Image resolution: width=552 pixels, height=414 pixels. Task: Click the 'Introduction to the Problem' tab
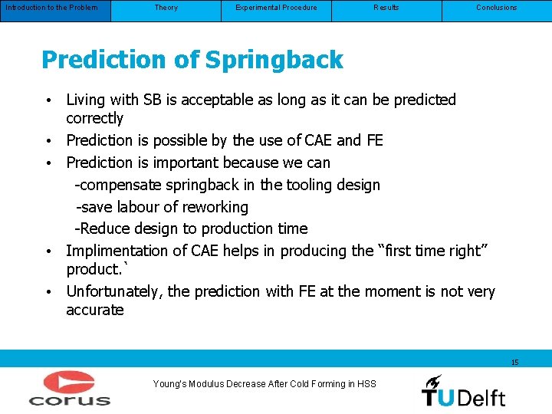[x=51, y=8]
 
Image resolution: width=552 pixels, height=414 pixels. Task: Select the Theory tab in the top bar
[x=166, y=8]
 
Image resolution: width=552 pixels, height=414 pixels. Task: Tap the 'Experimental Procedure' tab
[x=276, y=8]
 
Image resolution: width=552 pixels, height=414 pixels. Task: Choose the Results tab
[x=386, y=8]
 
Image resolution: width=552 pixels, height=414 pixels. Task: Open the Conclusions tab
[x=497, y=8]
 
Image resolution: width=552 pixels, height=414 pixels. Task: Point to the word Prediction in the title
[x=93, y=60]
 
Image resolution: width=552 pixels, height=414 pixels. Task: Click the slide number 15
[x=514, y=362]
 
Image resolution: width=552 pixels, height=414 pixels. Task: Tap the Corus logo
[x=70, y=388]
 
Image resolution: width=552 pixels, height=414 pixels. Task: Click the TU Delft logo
[x=463, y=390]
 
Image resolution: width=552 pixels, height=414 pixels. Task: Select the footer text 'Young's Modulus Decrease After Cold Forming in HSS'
[x=264, y=384]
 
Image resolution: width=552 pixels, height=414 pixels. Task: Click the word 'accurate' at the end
[x=94, y=310]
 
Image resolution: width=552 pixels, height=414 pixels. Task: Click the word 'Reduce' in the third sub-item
[x=103, y=228]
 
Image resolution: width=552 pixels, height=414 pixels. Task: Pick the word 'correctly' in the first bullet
[x=94, y=118]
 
